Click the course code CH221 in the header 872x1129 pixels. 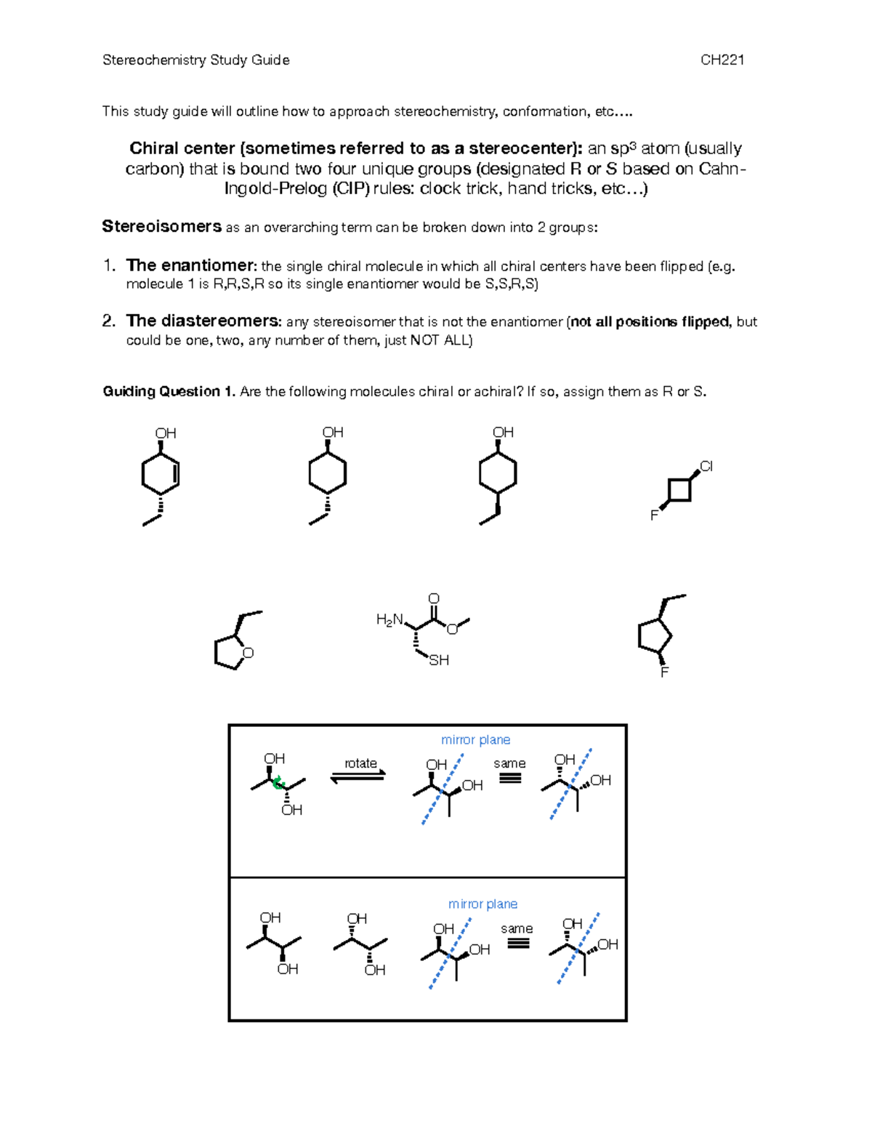(722, 60)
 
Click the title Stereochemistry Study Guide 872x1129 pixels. (195, 60)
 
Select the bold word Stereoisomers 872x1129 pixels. (161, 227)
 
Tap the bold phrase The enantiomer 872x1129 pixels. (191, 265)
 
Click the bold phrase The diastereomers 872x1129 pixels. (203, 321)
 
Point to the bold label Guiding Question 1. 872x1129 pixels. (169, 391)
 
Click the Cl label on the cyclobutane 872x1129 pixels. (706, 466)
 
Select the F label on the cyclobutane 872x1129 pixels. (654, 515)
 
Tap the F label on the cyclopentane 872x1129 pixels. (664, 672)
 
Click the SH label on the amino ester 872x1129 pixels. (439, 660)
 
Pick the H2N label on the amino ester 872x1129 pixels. (389, 620)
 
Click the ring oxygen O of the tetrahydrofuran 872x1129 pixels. (249, 653)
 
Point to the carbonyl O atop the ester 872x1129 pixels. (434, 598)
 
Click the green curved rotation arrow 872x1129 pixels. (278, 783)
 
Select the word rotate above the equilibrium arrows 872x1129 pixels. (360, 763)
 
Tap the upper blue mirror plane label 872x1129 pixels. (475, 739)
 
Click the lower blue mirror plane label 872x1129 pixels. (483, 904)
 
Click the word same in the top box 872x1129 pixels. (509, 763)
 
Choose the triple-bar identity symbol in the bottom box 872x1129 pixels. (517, 944)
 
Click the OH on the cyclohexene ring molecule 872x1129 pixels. (166, 433)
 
